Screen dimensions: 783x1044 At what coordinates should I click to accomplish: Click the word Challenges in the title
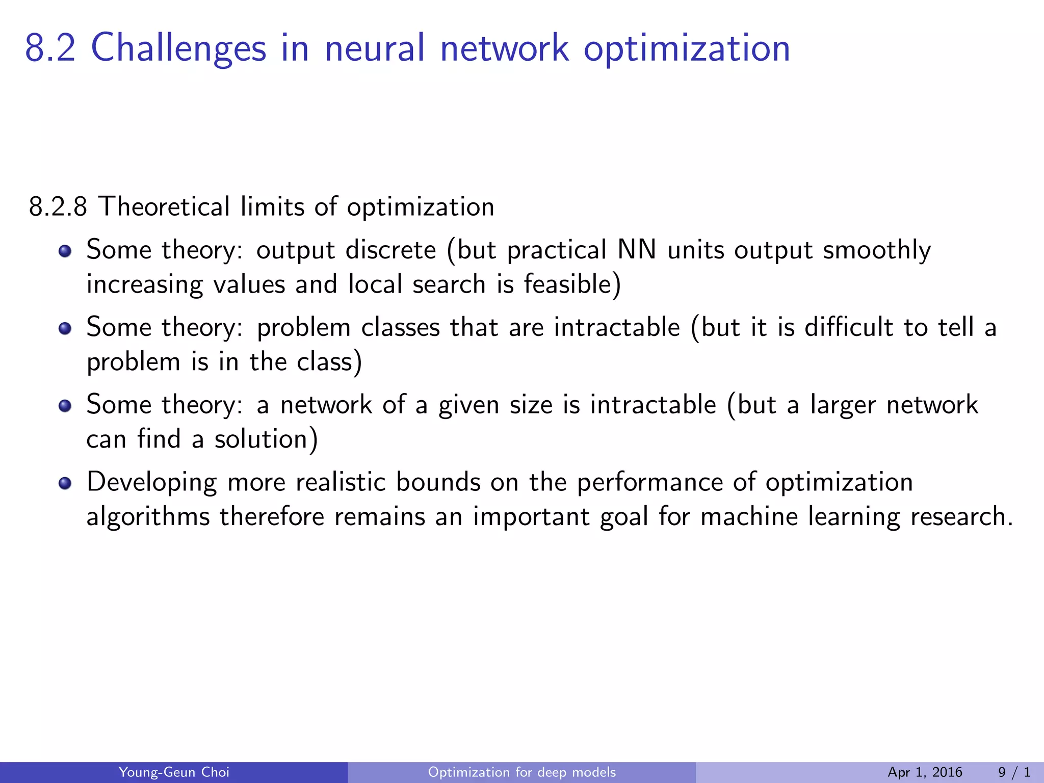[178, 48]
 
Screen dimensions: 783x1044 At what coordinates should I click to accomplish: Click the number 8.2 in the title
[50, 48]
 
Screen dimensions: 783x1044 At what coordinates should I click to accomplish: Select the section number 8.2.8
[58, 207]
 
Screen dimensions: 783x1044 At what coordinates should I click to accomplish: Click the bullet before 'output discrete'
[65, 251]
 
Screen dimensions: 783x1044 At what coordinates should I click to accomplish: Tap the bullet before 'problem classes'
[65, 328]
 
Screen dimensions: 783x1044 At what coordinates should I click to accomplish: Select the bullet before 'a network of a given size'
[65, 406]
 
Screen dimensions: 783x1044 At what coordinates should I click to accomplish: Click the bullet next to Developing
[65, 483]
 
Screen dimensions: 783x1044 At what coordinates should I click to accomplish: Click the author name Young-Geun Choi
[174, 772]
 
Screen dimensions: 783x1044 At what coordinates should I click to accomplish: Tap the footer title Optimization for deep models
[522, 772]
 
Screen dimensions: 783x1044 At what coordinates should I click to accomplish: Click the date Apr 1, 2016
[925, 772]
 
